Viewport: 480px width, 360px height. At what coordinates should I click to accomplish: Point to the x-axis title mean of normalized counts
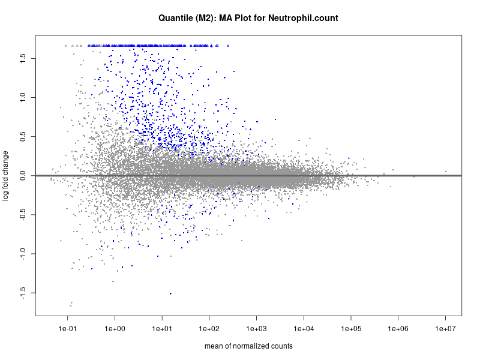(248, 346)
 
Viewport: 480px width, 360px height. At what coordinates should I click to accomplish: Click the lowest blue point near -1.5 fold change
(170, 293)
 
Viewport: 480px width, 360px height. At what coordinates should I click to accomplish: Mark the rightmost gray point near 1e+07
(446, 172)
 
